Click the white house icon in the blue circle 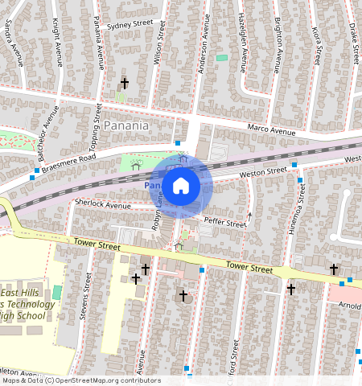click(x=181, y=186)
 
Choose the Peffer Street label click(x=224, y=222)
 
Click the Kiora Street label click(x=317, y=44)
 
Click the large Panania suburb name click(x=126, y=125)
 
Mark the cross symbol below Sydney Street click(x=124, y=83)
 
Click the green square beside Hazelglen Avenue click(x=222, y=58)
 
